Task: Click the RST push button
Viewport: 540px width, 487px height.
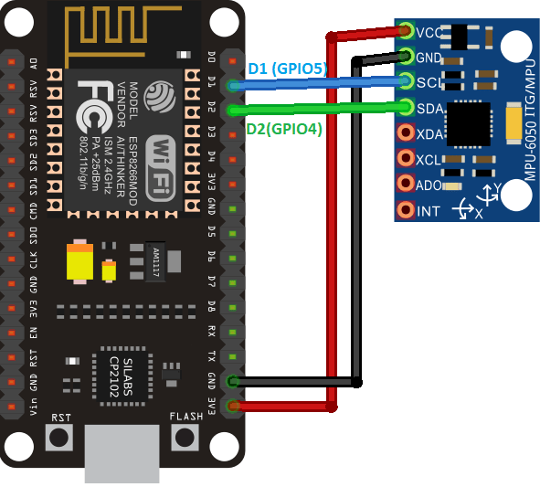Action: click(60, 437)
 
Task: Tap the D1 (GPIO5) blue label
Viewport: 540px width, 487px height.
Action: click(286, 69)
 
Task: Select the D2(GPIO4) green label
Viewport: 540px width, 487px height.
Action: click(284, 129)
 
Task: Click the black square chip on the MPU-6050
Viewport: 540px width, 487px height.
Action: click(471, 122)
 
